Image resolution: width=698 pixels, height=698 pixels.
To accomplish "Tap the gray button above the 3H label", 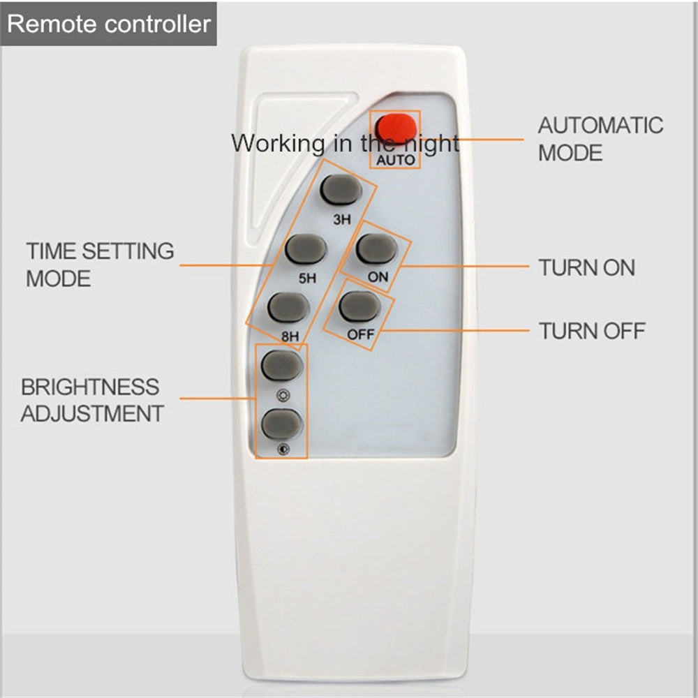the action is pos(341,189).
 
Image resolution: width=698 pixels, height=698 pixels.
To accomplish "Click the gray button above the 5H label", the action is pos(306,249).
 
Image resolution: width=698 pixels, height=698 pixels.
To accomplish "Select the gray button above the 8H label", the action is pos(288,307).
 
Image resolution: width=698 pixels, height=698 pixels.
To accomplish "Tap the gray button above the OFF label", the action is pos(359,306).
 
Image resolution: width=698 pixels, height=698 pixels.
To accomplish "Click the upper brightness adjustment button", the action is pos(282,365).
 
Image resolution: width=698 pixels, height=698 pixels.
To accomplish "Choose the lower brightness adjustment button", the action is pos(282,424).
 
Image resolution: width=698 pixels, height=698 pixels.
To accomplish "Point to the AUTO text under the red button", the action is pos(395,161).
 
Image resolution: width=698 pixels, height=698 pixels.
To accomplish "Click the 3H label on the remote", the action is pos(342,219).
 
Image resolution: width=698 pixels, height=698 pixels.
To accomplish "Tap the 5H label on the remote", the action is pos(307,279).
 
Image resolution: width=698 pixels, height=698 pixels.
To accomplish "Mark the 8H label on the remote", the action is pos(290,336).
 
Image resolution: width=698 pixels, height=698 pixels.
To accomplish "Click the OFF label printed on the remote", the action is pos(361,334).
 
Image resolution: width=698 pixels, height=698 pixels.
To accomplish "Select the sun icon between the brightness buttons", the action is pos(283,395).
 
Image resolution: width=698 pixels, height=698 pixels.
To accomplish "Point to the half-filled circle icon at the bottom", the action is pos(283,449).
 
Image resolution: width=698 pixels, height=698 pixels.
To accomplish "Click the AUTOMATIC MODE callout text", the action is pos(600,139).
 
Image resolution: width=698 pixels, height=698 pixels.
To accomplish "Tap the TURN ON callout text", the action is pos(587,267).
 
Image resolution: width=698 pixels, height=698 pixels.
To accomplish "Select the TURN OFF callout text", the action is pos(592,331).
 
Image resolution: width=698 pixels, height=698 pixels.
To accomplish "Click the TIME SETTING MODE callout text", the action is pos(100,265).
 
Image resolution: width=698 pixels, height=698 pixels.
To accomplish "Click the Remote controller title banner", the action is pos(109,24).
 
